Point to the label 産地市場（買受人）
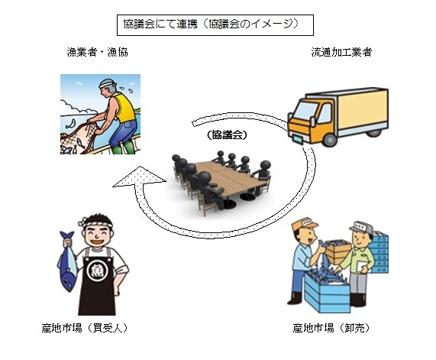click(x=89, y=328)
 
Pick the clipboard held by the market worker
click(x=354, y=268)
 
